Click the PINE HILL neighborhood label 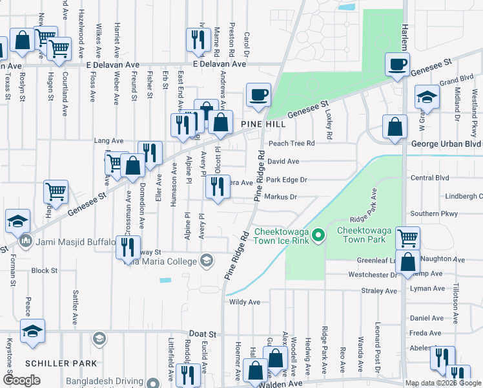pos(263,123)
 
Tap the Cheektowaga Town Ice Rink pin pos(317,237)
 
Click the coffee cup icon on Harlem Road pos(398,65)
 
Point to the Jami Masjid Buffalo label pos(73,242)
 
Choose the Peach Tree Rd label pos(291,143)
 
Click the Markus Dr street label pos(280,197)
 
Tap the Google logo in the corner pos(21,380)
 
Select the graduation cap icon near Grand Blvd pos(427,97)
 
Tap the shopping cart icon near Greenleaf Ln pos(407,238)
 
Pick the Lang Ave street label pos(108,140)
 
